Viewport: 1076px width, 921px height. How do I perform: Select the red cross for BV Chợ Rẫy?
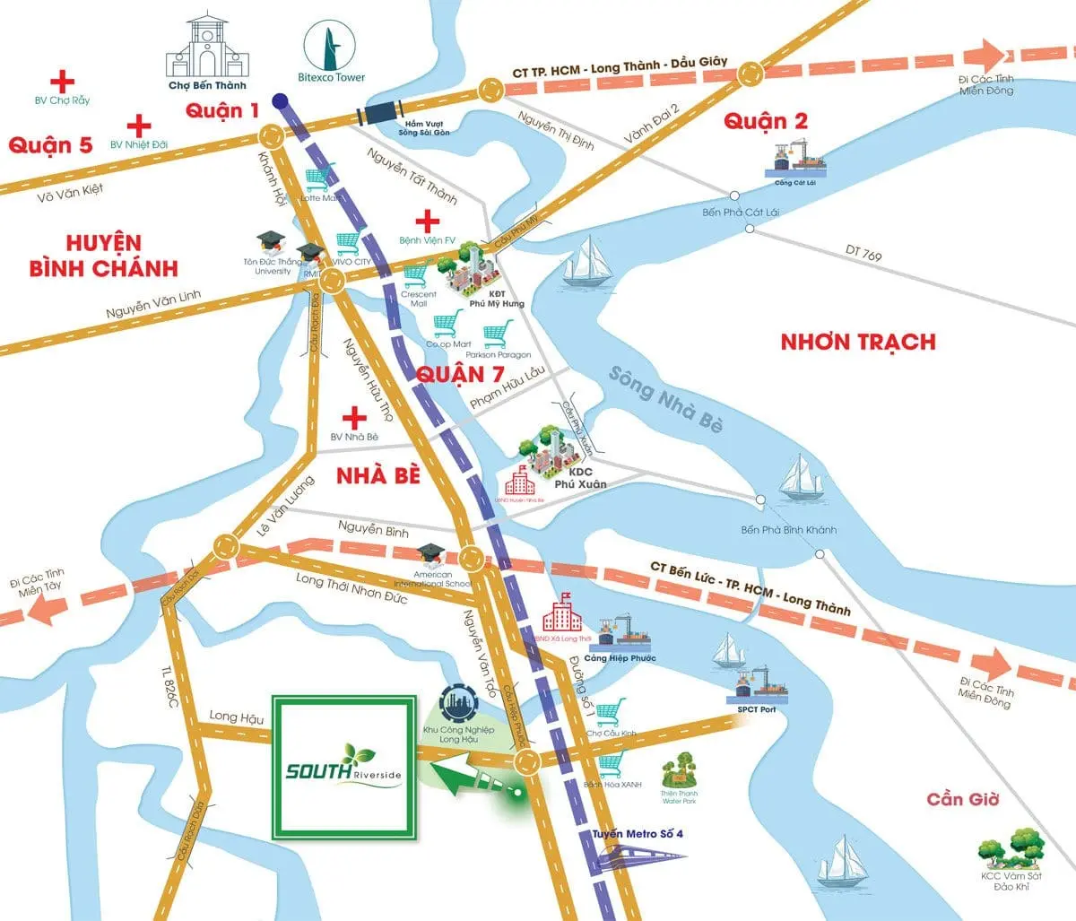(62, 82)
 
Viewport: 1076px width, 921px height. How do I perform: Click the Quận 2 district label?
(767, 121)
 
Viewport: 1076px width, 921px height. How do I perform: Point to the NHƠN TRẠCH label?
(857, 342)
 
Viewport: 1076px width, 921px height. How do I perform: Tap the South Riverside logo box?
(345, 768)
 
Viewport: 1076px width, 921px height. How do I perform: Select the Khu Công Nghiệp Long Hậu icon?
(460, 704)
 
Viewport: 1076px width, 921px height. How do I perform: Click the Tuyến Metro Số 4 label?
(637, 835)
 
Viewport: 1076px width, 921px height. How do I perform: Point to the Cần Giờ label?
(962, 798)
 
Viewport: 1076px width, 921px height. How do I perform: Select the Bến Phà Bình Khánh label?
(788, 530)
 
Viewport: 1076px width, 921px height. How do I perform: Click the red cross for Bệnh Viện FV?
(428, 221)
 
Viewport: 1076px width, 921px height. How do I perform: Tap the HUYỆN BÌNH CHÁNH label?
(103, 256)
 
